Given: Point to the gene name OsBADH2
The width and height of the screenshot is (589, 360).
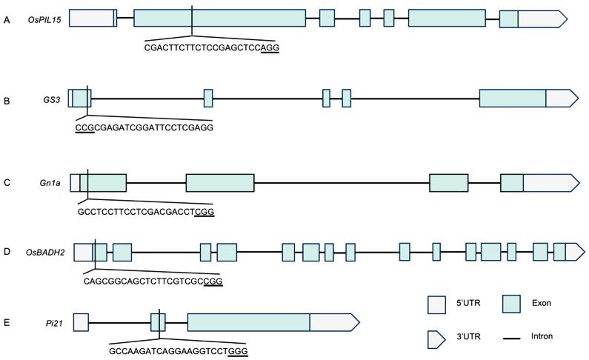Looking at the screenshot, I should pos(45,252).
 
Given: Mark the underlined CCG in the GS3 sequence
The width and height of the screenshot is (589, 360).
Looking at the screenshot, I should pos(84,127).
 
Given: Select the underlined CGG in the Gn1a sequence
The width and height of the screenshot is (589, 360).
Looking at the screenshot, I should pos(204,211).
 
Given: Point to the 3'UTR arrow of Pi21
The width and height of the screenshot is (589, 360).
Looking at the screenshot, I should pos(334,322).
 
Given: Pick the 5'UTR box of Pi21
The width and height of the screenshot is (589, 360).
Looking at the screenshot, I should pos(81,322).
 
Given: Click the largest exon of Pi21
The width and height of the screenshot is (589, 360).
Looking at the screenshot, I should pos(248,322).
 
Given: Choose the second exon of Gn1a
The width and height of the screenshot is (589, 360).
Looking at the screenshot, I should pos(219,183).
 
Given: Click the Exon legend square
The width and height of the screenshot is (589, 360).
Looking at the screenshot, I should pos(510,303).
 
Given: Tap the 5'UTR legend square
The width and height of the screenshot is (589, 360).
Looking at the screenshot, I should pos(436,304).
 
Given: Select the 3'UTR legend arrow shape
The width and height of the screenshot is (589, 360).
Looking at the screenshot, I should pos(436,338).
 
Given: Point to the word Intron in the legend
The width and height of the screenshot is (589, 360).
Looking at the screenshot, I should pos(542,336).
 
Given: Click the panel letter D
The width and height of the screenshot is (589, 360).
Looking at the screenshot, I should pos(7,252).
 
